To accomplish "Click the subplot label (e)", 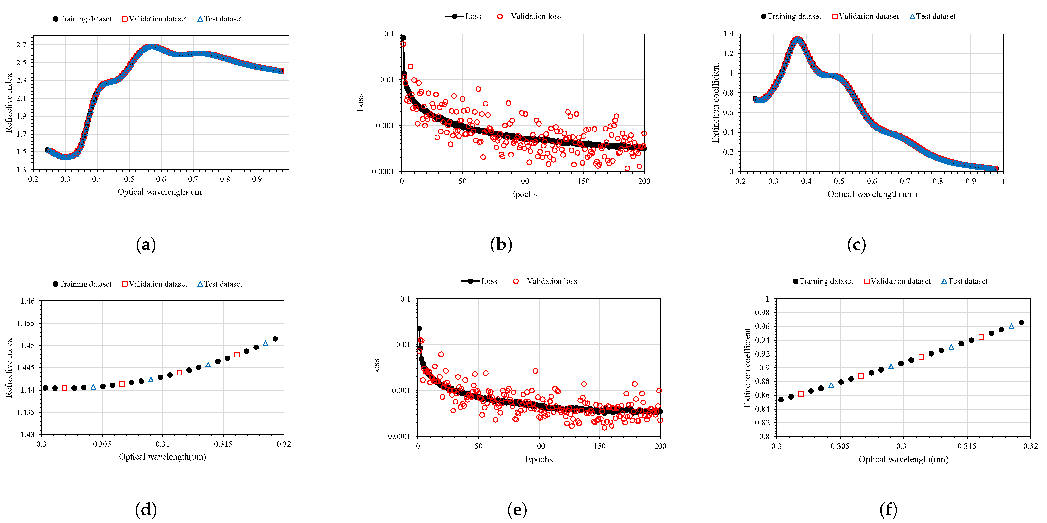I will [x=517, y=510].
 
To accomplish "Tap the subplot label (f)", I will [x=888, y=510].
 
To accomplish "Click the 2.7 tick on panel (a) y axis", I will [x=21, y=45].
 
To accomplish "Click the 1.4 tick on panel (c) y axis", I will [x=728, y=34].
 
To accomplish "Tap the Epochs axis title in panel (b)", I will [x=523, y=194].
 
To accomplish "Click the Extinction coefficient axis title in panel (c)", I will [x=715, y=102].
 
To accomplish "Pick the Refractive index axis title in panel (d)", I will [x=9, y=368].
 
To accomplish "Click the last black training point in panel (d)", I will [x=275, y=339].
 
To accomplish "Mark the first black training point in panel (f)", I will [x=781, y=400].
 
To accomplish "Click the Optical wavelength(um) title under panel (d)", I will [x=163, y=457].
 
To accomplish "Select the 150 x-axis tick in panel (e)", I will [x=600, y=446].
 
